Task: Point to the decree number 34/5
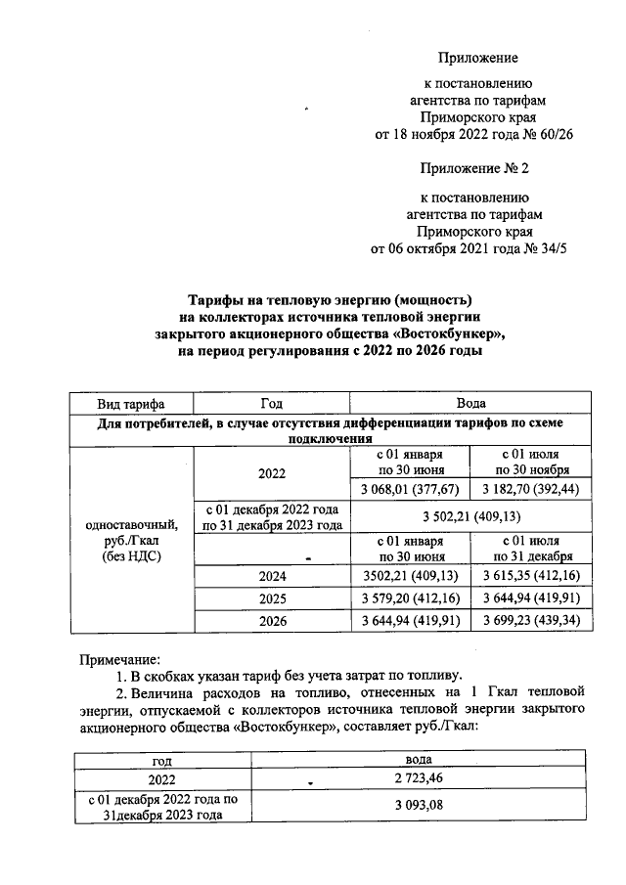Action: pyautogui.click(x=549, y=248)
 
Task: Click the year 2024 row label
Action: pyautogui.click(x=271, y=577)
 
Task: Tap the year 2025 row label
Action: pyautogui.click(x=271, y=598)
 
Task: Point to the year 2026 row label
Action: pyautogui.click(x=271, y=620)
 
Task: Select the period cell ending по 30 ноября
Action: pyautogui.click(x=530, y=464)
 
